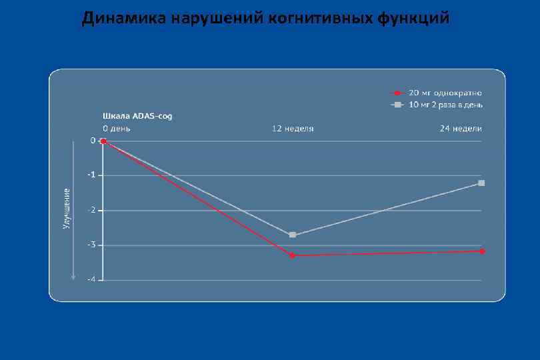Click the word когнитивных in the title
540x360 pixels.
(320, 18)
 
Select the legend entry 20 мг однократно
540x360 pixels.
(445, 93)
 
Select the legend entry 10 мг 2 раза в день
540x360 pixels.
(446, 105)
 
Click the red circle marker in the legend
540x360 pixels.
(397, 93)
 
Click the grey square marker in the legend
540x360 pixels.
(397, 105)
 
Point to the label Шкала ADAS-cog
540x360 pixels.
(137, 116)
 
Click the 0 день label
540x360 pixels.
(117, 128)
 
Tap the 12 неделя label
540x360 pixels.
(293, 128)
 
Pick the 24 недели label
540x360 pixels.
(461, 128)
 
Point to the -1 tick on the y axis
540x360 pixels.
(91, 175)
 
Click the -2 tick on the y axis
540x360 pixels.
(91, 210)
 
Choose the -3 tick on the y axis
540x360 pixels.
(91, 245)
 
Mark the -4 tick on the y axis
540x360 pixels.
(91, 279)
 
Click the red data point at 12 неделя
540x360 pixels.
(292, 255)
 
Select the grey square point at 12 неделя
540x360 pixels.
(293, 235)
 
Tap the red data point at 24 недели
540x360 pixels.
(482, 251)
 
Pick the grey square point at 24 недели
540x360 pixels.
(481, 183)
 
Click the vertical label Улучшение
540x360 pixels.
(66, 209)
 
